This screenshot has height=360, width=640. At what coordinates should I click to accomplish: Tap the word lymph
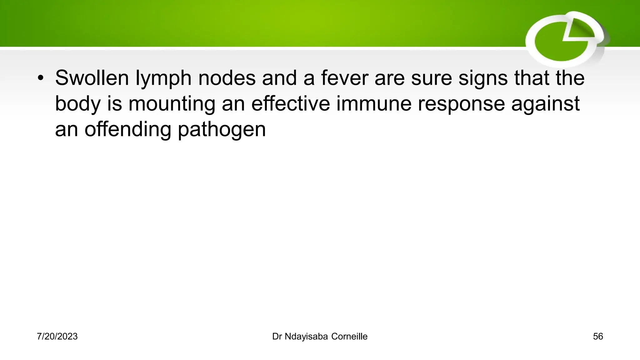[x=163, y=79]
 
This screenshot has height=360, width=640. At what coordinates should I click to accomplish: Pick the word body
[x=78, y=104]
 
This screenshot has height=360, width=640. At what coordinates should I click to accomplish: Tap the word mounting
[x=172, y=104]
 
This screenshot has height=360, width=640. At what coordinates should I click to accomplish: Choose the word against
[x=545, y=104]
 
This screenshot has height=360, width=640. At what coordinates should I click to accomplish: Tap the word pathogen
[x=222, y=130]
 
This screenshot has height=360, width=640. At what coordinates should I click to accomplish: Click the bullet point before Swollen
[x=40, y=78]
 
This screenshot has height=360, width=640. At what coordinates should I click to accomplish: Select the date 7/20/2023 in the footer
[x=57, y=337]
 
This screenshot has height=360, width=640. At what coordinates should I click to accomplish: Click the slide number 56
[x=598, y=337]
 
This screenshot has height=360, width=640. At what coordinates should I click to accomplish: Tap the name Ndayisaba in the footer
[x=306, y=337]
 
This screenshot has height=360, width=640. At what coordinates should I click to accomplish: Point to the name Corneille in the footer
[x=349, y=337]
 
